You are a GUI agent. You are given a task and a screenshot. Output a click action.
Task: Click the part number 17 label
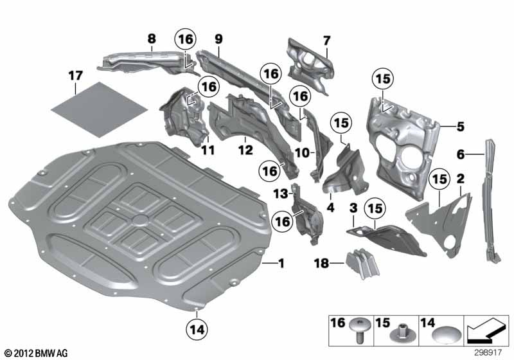tap(75, 76)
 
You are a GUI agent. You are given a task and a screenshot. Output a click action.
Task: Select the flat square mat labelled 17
tap(100, 109)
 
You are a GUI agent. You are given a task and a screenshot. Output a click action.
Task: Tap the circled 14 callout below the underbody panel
tap(197, 329)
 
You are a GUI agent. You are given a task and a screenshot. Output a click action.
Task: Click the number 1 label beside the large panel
tap(281, 263)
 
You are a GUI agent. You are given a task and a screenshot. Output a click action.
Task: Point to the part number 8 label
tap(152, 39)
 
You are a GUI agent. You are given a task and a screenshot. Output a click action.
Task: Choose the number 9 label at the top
tap(218, 39)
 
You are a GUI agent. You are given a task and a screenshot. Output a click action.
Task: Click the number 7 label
tap(326, 40)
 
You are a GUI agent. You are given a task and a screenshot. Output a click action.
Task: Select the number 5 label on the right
tap(461, 126)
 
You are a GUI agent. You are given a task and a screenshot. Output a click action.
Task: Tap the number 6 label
tap(461, 154)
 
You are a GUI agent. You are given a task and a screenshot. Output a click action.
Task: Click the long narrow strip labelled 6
tap(490, 200)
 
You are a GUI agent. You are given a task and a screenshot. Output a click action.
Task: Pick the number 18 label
tap(322, 263)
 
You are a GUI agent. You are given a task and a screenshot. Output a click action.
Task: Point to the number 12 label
tap(245, 150)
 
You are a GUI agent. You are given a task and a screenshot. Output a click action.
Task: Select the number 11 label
tap(208, 150)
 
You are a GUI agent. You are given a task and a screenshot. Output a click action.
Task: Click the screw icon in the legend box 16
tap(360, 330)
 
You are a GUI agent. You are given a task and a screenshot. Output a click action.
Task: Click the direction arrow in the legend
tap(486, 330)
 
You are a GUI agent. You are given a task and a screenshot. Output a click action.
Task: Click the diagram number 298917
tap(488, 352)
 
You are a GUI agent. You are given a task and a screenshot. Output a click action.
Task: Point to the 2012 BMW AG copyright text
tap(37, 353)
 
